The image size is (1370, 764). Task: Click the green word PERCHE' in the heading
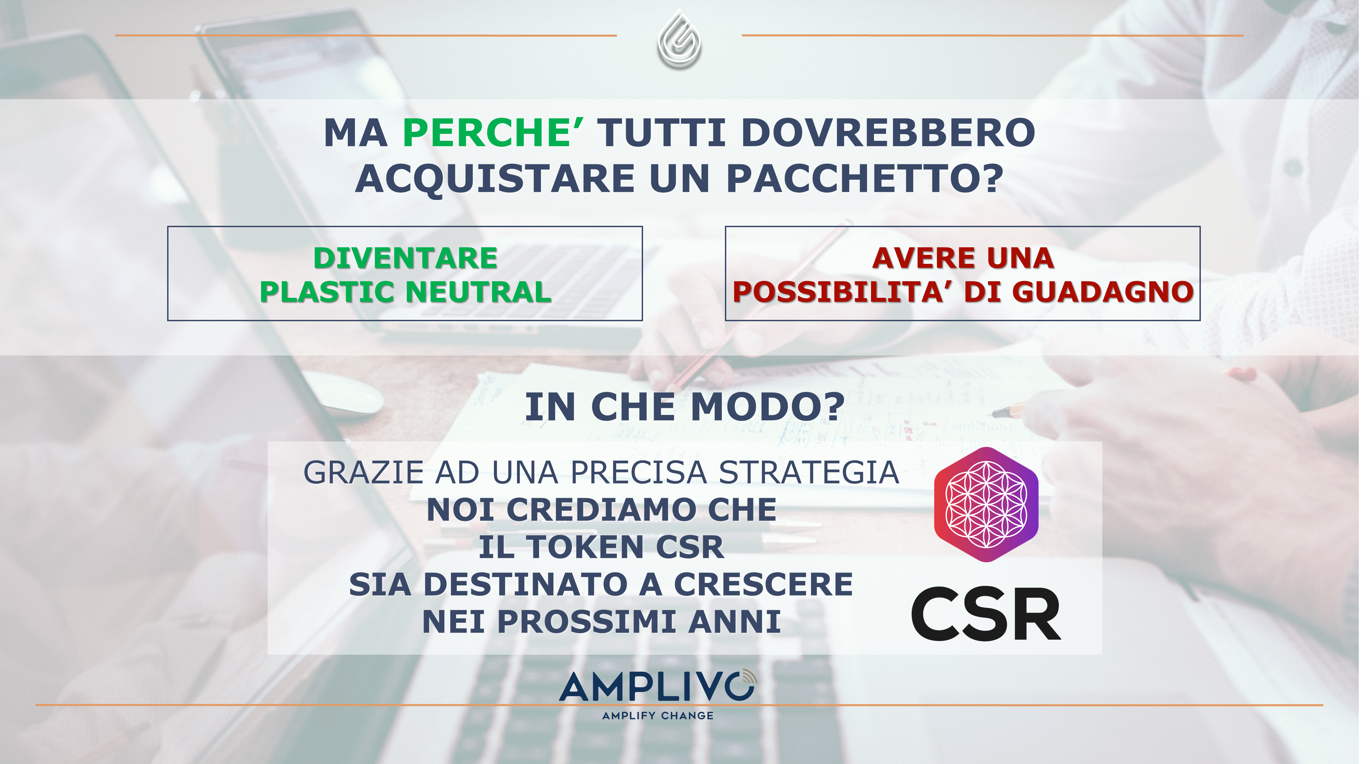[493, 132]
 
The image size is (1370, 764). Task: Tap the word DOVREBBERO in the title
[888, 132]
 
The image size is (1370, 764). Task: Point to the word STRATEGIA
[809, 473]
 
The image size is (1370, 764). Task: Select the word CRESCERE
[763, 584]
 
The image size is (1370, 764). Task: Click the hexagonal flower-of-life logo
[986, 504]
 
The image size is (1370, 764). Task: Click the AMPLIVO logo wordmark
[658, 686]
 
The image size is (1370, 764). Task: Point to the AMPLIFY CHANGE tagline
[658, 716]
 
